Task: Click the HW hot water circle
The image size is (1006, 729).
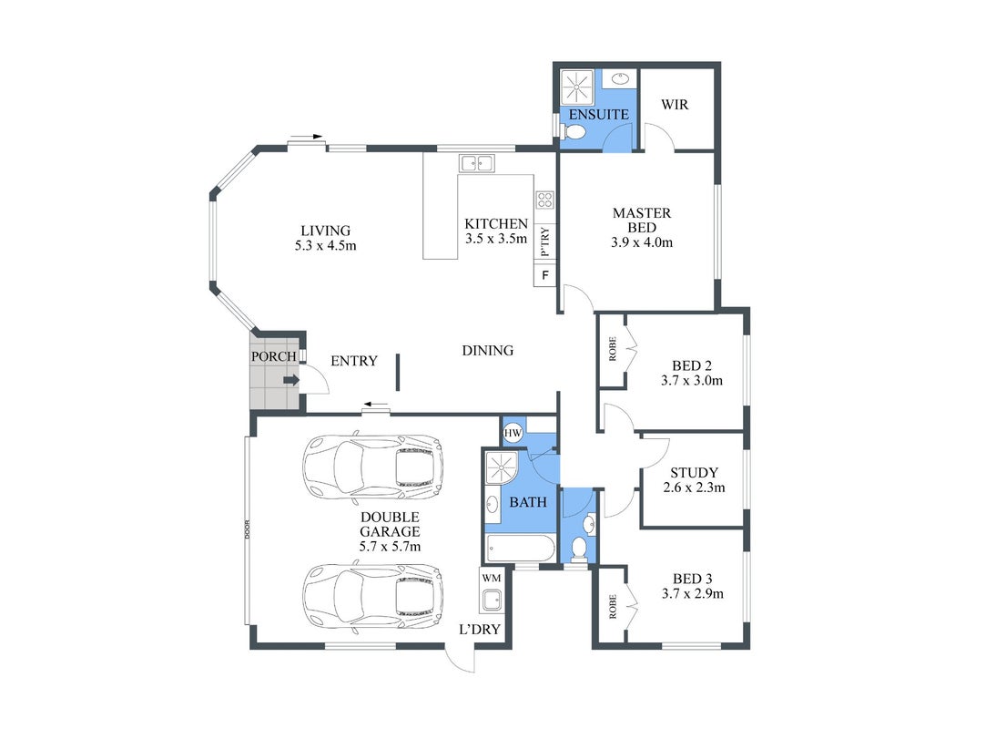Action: (x=513, y=433)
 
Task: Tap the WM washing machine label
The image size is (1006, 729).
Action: (x=492, y=578)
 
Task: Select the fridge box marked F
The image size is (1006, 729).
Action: (x=545, y=275)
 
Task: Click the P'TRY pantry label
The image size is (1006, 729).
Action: (x=545, y=242)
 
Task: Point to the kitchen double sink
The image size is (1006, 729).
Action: (x=477, y=163)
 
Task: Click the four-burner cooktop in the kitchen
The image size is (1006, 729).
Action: (x=545, y=200)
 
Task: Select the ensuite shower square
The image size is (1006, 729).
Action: (x=577, y=87)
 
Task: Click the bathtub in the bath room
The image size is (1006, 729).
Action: (x=521, y=549)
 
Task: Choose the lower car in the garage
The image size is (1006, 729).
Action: (x=372, y=598)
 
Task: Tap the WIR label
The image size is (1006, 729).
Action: (x=675, y=105)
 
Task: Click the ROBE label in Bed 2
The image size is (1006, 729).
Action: (x=612, y=349)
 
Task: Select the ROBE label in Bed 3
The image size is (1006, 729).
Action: (x=612, y=606)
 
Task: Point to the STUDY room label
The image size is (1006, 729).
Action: (x=695, y=473)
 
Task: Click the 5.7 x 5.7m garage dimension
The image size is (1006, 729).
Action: (x=390, y=547)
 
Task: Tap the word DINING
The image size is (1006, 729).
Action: (x=488, y=351)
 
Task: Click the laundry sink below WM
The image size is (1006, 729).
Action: (x=493, y=601)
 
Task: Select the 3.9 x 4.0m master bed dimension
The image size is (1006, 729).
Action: (x=642, y=242)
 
